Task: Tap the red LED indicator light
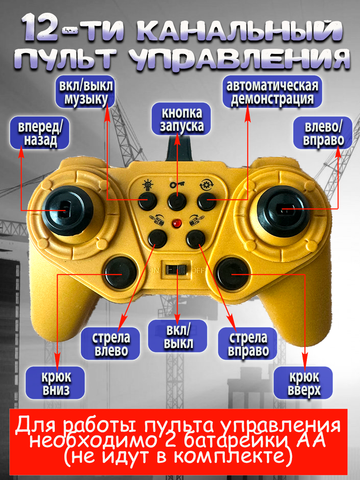[x=175, y=223]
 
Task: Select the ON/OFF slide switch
[x=176, y=270]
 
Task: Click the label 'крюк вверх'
[x=304, y=383]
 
